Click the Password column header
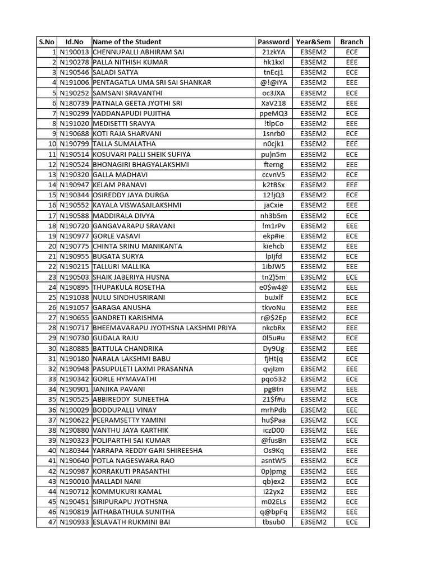coord(273,41)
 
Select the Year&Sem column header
coord(313,41)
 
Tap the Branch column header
coord(351,41)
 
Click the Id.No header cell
coord(74,41)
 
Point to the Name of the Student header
coord(127,41)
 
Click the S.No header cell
coord(47,41)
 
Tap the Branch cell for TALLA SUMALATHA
coord(351,144)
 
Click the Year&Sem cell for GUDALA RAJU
coord(313,338)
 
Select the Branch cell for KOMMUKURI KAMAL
coord(351,492)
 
